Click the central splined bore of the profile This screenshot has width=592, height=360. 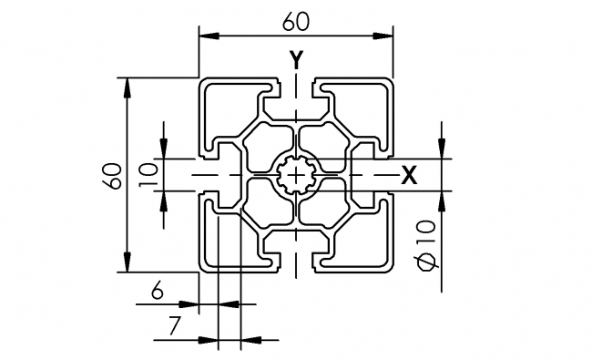tap(297, 174)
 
